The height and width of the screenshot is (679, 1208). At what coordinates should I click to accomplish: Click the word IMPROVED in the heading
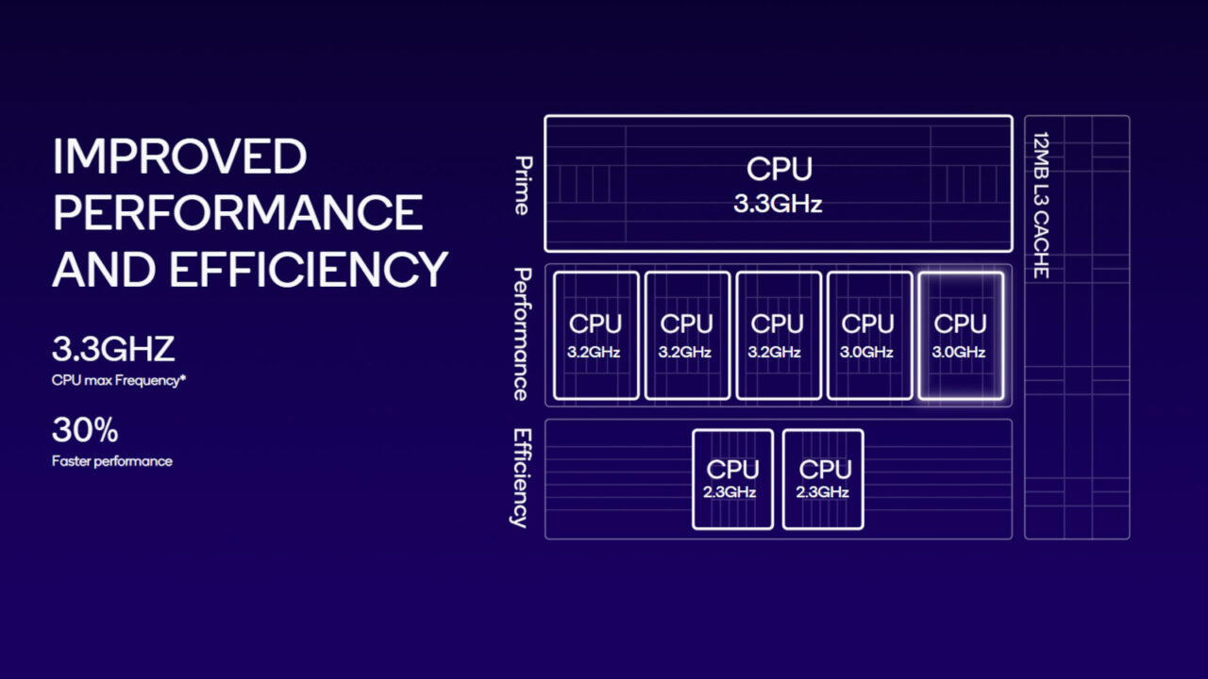pos(179,156)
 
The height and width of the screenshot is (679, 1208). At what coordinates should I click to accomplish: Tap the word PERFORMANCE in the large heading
pos(237,213)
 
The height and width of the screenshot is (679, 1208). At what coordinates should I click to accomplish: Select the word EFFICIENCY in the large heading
pos(308,269)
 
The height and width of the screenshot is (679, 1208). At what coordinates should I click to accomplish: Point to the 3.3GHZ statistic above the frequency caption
pos(113,349)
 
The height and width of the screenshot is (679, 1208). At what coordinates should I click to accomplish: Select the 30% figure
pos(85,431)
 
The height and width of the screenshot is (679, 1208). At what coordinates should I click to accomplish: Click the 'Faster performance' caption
pos(112,461)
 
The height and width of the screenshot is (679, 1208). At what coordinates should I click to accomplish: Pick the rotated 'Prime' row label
pos(522,185)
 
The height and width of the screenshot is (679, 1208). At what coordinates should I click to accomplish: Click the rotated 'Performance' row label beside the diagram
pos(522,335)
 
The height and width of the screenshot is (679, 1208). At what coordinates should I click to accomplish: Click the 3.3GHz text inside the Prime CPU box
pos(778,204)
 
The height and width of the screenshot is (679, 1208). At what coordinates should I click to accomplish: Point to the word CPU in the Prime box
pos(779,170)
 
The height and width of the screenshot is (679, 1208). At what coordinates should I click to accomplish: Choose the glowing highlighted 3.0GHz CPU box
pos(960,336)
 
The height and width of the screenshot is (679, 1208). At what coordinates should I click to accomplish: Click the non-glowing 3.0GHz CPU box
pos(868,336)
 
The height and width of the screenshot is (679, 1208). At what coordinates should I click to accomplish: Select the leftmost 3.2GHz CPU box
pos(596,336)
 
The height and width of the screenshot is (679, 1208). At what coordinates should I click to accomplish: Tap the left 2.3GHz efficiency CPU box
pos(732,479)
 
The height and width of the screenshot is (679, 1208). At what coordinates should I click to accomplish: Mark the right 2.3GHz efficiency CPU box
pos(823,479)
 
